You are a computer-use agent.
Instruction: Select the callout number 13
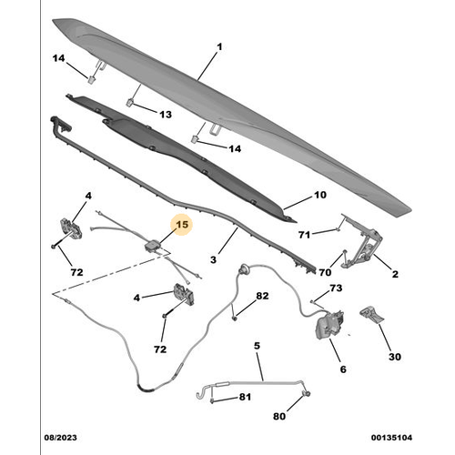click(x=165, y=115)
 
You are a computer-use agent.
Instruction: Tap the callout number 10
click(x=318, y=195)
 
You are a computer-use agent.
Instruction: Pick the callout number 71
click(x=305, y=234)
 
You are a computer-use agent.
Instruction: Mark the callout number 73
click(x=337, y=288)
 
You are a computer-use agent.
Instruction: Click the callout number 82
click(x=263, y=297)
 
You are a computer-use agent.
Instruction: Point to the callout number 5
click(x=257, y=346)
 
